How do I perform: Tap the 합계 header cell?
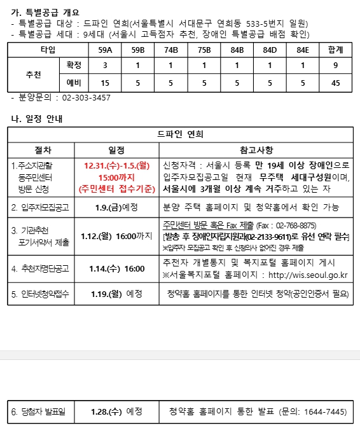[x=336, y=50]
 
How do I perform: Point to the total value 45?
[x=336, y=83]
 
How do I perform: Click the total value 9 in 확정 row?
[x=336, y=66]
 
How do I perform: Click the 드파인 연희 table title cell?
[x=180, y=134]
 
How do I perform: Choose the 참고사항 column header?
[x=256, y=150]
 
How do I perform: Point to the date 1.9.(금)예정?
[x=116, y=207]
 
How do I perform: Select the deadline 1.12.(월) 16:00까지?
[x=116, y=236]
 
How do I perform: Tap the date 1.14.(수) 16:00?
[x=116, y=269]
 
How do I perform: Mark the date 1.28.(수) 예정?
[x=116, y=412]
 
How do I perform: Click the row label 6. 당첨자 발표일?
[x=38, y=412]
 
